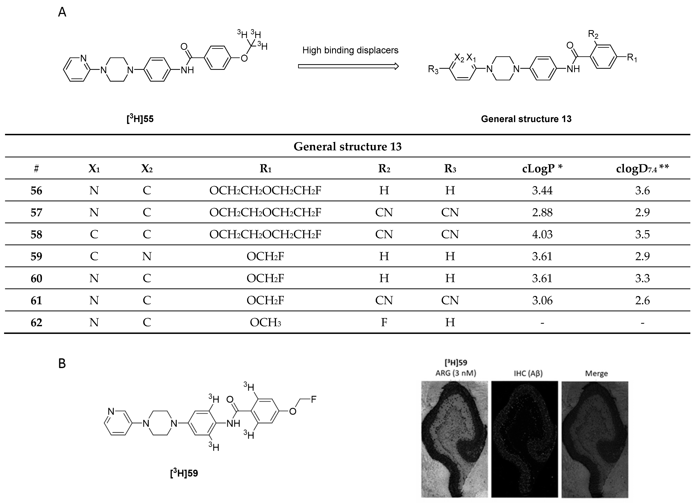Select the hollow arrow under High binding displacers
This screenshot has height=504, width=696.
tap(348, 66)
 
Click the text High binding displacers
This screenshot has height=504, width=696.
tap(350, 50)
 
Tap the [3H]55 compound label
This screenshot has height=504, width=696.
tap(140, 119)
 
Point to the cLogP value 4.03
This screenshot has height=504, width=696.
tap(542, 234)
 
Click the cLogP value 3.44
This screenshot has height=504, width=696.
tap(542, 190)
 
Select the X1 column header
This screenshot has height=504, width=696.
tap(94, 168)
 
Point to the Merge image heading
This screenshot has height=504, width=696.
tap(596, 373)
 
